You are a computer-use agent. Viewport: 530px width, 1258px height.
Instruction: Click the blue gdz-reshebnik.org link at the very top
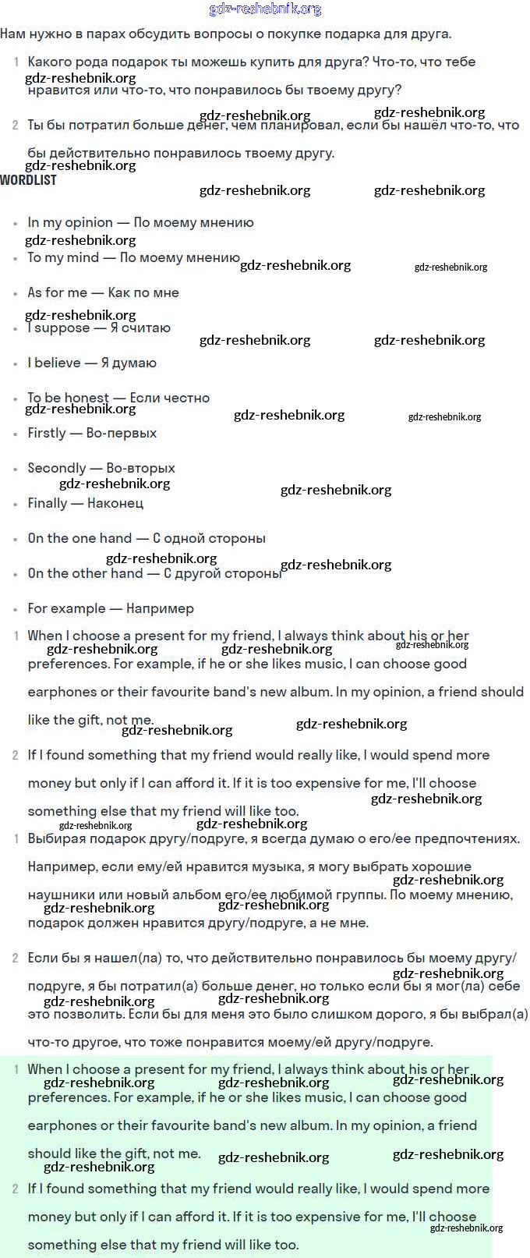(265, 9)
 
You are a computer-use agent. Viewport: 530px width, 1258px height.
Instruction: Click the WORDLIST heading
(28, 180)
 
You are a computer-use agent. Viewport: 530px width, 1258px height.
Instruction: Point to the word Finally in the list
(47, 503)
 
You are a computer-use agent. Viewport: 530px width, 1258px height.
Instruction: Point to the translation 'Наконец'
(115, 503)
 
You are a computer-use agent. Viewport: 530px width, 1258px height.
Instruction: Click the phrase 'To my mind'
(63, 257)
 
